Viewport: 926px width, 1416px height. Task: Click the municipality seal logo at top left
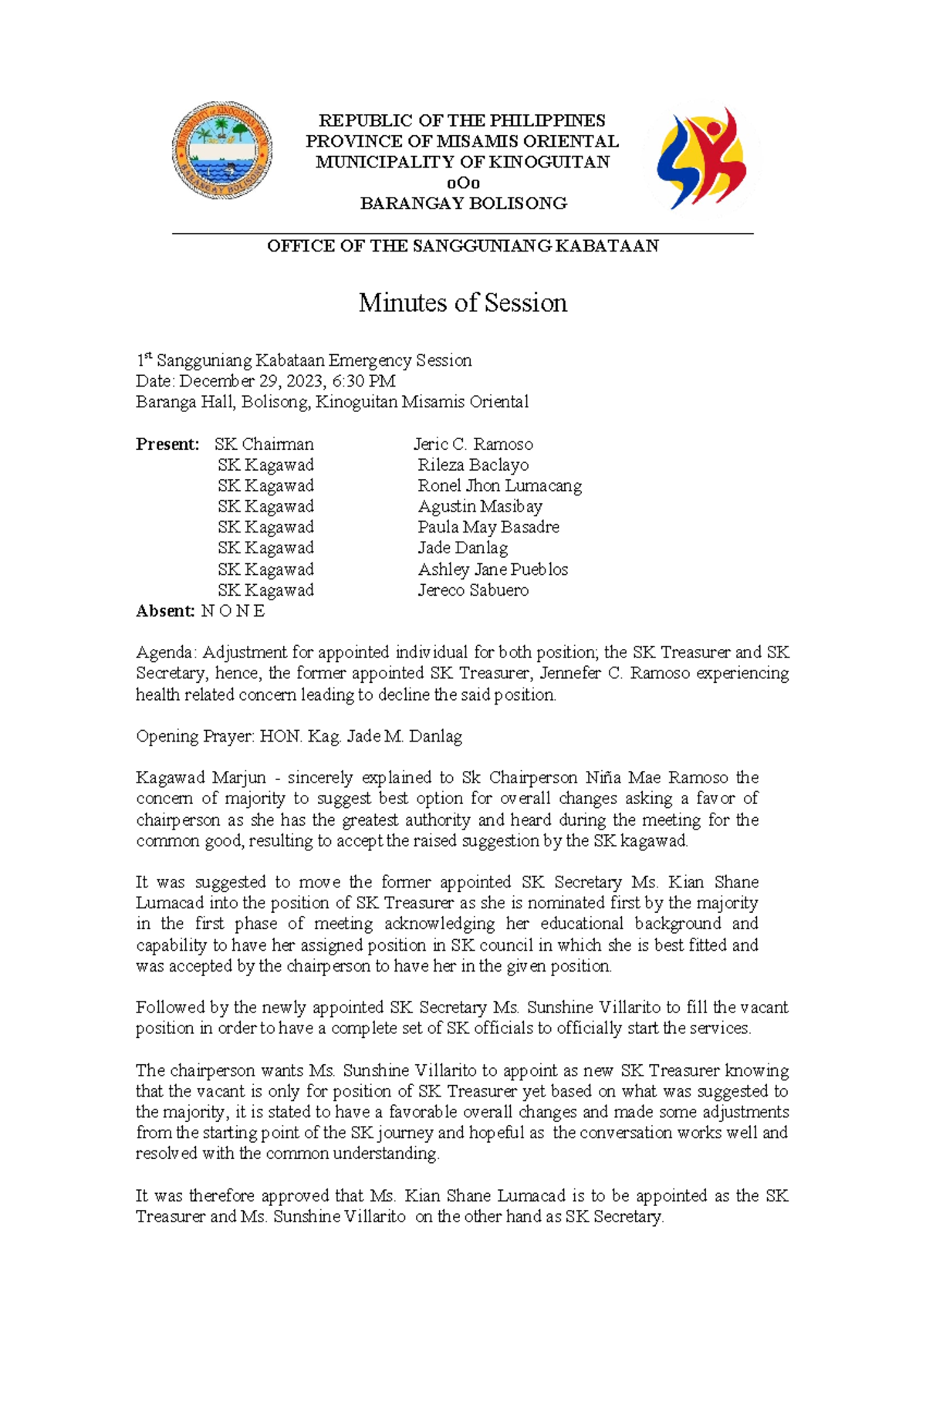(222, 150)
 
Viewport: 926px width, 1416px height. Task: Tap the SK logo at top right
(701, 160)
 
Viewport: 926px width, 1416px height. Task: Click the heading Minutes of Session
(462, 302)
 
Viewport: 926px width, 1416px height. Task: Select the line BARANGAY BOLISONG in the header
(463, 204)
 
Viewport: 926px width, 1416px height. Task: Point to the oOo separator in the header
(463, 184)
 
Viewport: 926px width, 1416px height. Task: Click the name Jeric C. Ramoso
(473, 444)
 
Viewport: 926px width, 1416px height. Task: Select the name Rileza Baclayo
(473, 465)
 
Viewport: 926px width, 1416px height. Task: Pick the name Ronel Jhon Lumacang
(499, 486)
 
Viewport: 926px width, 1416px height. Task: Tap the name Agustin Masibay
(480, 507)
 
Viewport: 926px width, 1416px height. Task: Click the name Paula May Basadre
(488, 528)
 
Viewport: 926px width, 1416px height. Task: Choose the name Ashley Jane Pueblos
(492, 569)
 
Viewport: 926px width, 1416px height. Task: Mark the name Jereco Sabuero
(473, 590)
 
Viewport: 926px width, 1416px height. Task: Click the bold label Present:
(167, 444)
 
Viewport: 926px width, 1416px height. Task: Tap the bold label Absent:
(165, 611)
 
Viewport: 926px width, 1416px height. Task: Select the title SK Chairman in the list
(264, 444)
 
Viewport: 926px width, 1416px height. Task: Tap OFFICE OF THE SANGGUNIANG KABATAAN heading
(462, 246)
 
